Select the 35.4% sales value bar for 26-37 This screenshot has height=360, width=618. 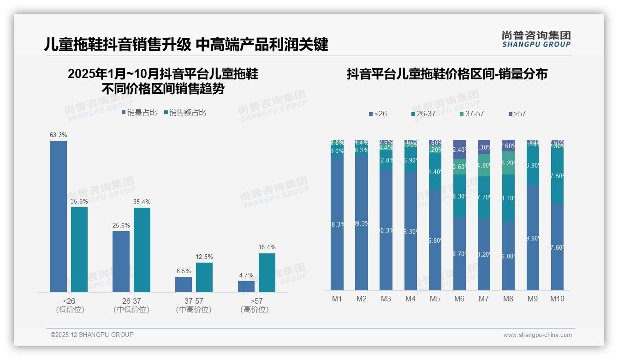point(142,250)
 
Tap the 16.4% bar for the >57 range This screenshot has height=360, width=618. point(267,272)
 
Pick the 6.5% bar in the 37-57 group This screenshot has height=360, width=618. point(184,284)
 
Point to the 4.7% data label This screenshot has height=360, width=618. point(246,276)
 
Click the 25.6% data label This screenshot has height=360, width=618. point(121,226)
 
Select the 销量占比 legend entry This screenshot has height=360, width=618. point(139,112)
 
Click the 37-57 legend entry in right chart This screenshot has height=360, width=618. point(471,114)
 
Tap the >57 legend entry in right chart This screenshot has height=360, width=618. point(517,114)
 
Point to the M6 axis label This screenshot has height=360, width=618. point(459,299)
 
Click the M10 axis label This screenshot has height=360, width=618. point(557,299)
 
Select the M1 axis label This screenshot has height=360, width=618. point(337,299)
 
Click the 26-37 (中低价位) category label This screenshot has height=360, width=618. point(131,306)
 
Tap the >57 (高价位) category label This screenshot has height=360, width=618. point(254,306)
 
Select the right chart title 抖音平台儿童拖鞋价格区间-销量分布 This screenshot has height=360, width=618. point(447,74)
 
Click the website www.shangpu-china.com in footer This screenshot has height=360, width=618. point(537,335)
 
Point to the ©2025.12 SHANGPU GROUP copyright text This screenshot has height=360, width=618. point(92,335)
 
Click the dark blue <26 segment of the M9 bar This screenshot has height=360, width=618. point(533,238)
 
